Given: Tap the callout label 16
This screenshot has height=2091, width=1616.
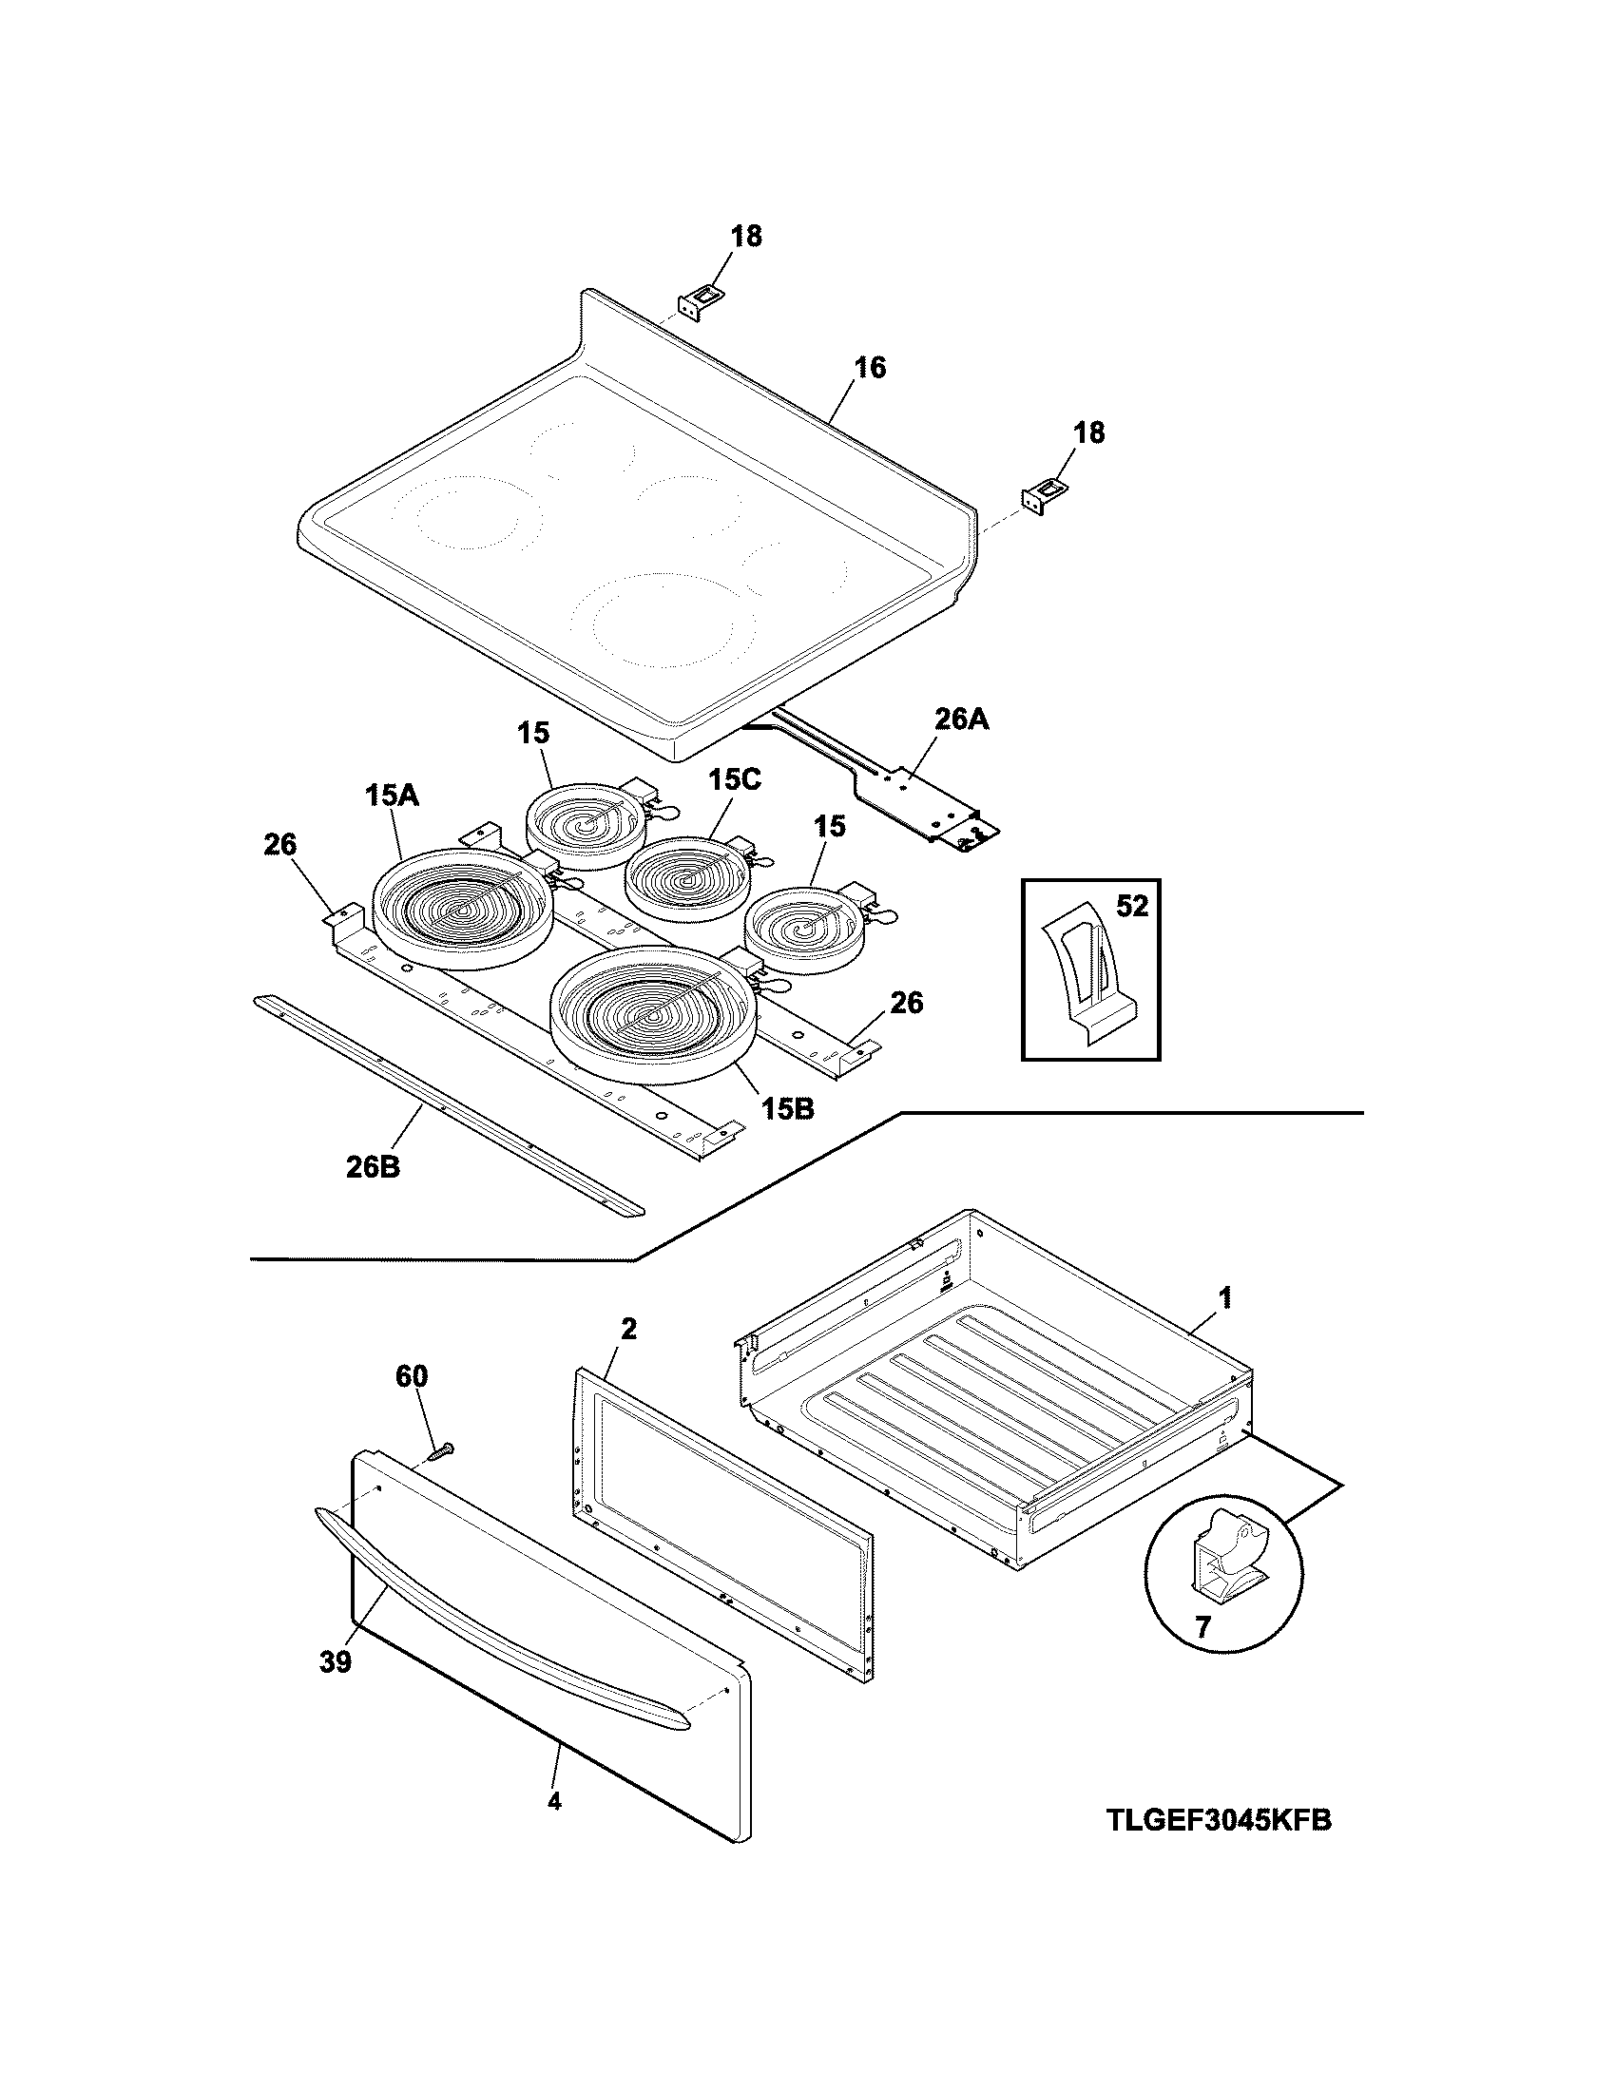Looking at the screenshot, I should click(869, 368).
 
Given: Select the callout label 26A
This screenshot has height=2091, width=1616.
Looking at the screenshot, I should click(961, 719).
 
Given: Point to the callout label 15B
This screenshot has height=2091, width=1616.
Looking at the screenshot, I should click(788, 1108).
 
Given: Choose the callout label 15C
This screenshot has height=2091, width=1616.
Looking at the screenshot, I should click(734, 780).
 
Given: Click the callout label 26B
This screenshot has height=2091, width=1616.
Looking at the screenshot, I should click(374, 1167).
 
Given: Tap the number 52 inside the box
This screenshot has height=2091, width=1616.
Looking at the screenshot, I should click(1131, 906).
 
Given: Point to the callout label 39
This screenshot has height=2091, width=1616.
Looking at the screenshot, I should click(335, 1662).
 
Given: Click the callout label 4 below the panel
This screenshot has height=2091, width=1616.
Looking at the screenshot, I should click(554, 1801).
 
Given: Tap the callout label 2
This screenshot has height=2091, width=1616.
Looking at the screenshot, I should click(628, 1328).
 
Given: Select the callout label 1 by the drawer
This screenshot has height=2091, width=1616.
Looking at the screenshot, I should click(1224, 1298).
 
